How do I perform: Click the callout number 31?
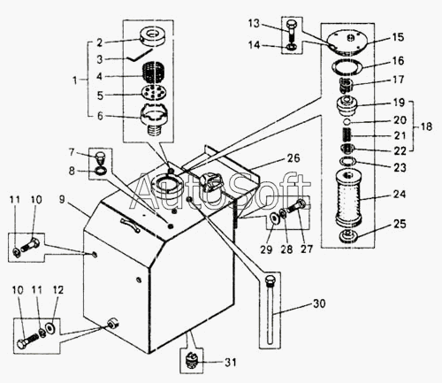coord(231,362)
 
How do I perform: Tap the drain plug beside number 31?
coord(191,360)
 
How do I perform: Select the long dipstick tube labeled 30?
coord(270,310)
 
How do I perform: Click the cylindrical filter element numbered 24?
coord(348,199)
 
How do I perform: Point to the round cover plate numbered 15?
coord(347,43)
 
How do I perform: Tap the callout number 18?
coord(426,126)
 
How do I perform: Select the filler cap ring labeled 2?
coord(152,36)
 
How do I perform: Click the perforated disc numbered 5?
coord(154,92)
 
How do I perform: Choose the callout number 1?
coord(75,80)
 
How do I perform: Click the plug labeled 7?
coord(100,158)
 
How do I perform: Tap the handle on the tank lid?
coord(130,225)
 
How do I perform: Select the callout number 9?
coord(62,199)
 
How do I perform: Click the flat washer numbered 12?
coord(50,327)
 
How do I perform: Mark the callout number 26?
coord(293,158)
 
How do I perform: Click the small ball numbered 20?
coord(347,121)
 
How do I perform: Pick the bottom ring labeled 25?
coord(349,236)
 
